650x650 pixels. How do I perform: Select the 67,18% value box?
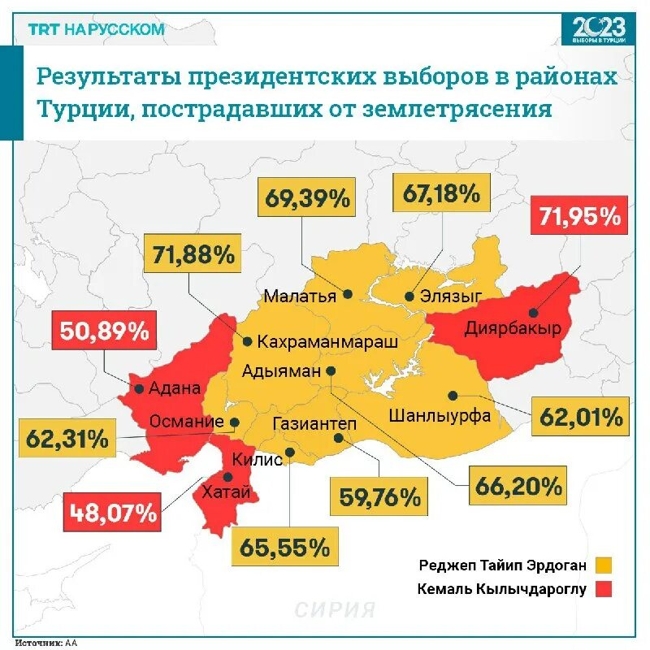pyautogui.click(x=442, y=193)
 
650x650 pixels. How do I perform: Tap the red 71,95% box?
pyautogui.click(x=578, y=217)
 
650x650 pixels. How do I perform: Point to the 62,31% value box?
pyautogui.click(x=67, y=439)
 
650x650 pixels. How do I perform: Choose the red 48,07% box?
pyautogui.click(x=112, y=513)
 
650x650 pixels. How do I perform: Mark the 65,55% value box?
pyautogui.click(x=284, y=546)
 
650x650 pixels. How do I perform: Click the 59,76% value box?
pyautogui.click(x=379, y=495)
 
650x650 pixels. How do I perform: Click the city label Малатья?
pyautogui.click(x=300, y=295)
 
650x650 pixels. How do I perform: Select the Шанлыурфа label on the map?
pyautogui.click(x=440, y=416)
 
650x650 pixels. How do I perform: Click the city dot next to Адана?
pyautogui.click(x=140, y=388)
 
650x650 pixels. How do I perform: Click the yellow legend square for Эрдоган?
pyautogui.click(x=602, y=565)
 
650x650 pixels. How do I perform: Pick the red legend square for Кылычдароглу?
pyautogui.click(x=602, y=589)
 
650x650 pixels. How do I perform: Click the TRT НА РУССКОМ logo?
pyautogui.click(x=96, y=29)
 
